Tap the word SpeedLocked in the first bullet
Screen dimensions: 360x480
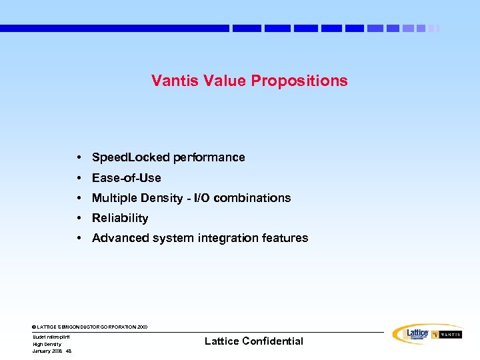[131, 157]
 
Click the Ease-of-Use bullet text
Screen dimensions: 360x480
[126, 178]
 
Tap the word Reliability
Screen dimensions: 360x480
[120, 218]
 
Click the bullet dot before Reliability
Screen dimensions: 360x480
[79, 218]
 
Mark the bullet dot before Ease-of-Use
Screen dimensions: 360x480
[79, 178]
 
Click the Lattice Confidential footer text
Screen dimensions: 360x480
[253, 341]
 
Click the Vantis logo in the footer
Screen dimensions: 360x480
[447, 335]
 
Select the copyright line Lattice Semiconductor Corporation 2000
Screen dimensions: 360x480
[90, 327]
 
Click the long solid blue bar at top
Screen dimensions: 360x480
[114, 29]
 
